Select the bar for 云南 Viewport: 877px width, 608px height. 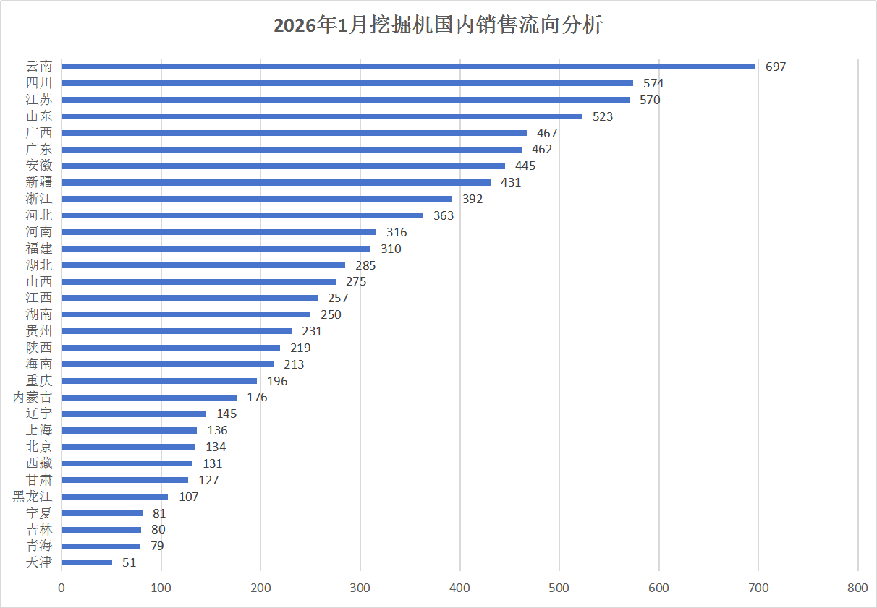(408, 67)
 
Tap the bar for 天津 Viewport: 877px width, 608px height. (87, 562)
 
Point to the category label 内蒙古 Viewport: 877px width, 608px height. (33, 397)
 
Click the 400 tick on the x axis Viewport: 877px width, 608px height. (460, 589)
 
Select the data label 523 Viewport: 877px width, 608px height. (603, 116)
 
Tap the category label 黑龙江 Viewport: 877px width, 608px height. (33, 497)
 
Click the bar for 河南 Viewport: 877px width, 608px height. (219, 232)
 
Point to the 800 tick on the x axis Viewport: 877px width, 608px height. (857, 589)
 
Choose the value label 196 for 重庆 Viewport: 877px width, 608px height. (277, 381)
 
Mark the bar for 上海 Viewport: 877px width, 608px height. (129, 430)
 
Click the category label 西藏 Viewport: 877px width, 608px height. (39, 463)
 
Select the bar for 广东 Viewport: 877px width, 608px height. (292, 150)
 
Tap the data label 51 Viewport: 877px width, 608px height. (129, 562)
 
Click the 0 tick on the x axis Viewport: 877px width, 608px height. (62, 589)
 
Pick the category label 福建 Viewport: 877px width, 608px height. (39, 249)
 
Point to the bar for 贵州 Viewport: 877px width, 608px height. (177, 331)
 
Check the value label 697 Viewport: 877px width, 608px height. (776, 67)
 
